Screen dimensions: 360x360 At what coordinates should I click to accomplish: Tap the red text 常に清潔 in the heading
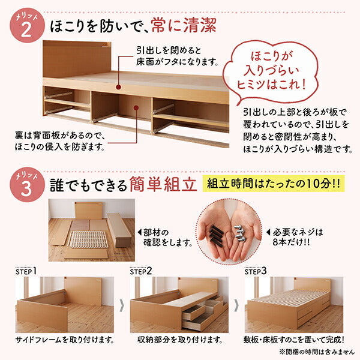184,26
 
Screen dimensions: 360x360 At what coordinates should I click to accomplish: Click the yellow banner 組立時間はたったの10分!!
273,183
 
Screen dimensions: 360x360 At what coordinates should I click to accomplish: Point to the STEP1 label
26,271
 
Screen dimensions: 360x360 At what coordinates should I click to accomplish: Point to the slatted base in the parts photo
86,239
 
